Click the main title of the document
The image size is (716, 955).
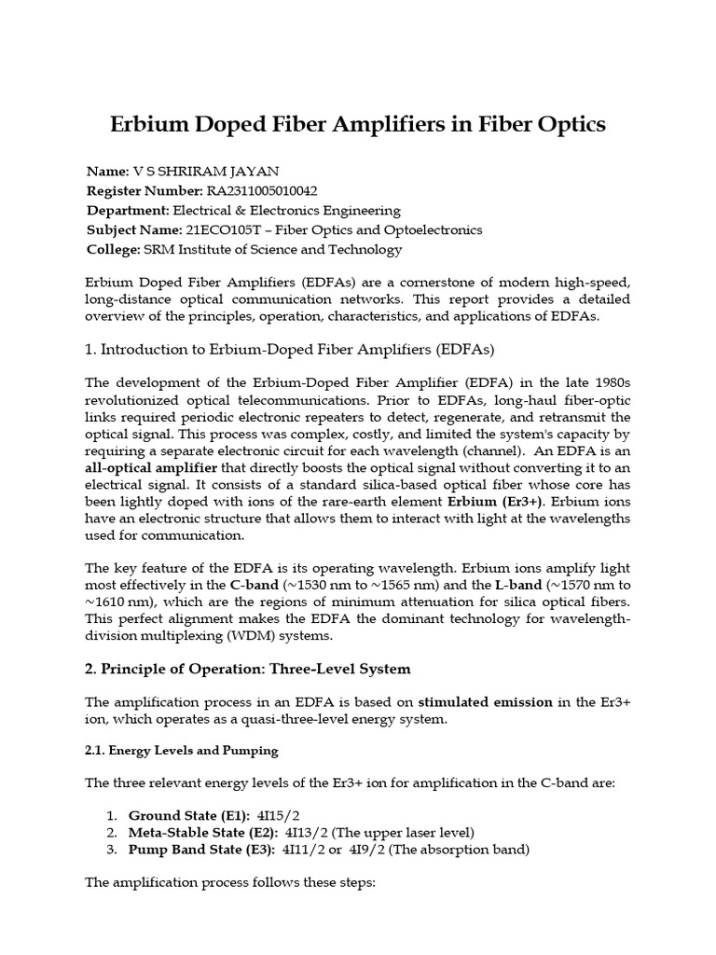click(358, 124)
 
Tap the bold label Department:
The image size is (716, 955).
click(128, 211)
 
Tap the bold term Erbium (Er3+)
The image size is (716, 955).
click(501, 504)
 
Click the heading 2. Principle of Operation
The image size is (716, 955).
click(247, 669)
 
